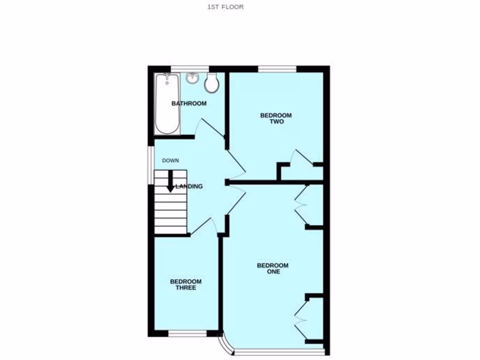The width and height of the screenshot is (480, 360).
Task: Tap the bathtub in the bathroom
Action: [167, 104]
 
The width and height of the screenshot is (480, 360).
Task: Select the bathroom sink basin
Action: [193, 78]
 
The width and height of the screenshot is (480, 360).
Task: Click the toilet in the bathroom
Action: [211, 82]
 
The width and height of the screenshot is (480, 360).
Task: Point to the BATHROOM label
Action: [188, 103]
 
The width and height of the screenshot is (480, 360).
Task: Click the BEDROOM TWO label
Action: [277, 119]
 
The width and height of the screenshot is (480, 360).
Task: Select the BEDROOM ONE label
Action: [273, 268]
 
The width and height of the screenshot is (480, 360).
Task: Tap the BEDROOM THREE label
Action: [186, 285]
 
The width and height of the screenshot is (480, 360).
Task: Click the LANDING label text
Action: [189, 187]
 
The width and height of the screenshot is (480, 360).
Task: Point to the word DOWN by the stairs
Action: [171, 161]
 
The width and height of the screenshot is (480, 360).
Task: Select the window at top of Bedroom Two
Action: [277, 69]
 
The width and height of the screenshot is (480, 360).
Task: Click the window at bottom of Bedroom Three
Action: [187, 334]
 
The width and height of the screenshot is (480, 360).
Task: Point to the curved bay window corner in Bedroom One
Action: [227, 345]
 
